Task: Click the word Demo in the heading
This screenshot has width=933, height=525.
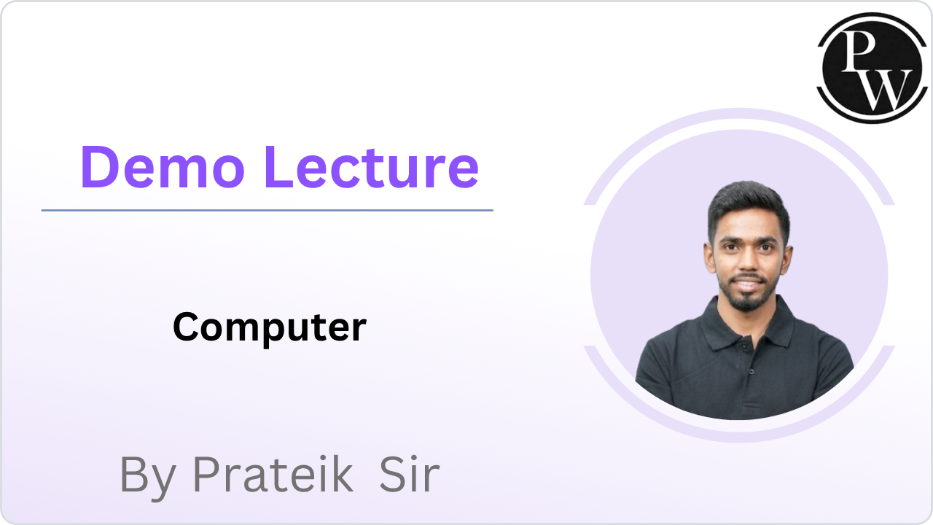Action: pos(163,167)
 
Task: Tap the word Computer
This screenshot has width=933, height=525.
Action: pos(269,327)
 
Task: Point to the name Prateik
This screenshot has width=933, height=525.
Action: pos(273,475)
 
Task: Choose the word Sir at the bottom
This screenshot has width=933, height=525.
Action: pos(410,475)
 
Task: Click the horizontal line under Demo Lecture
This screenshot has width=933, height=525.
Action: pos(267,210)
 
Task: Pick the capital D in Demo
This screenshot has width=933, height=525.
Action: pos(99,167)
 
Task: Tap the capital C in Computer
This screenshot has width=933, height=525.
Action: pos(187,327)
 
